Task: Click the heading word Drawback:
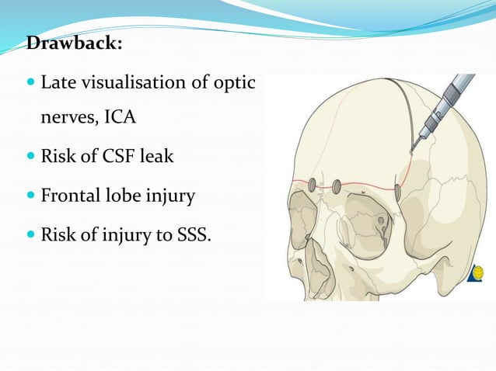click(74, 43)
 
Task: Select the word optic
click(236, 81)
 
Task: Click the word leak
click(155, 157)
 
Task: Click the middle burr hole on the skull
click(337, 187)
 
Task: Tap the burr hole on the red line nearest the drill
click(396, 191)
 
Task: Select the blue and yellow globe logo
click(477, 273)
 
